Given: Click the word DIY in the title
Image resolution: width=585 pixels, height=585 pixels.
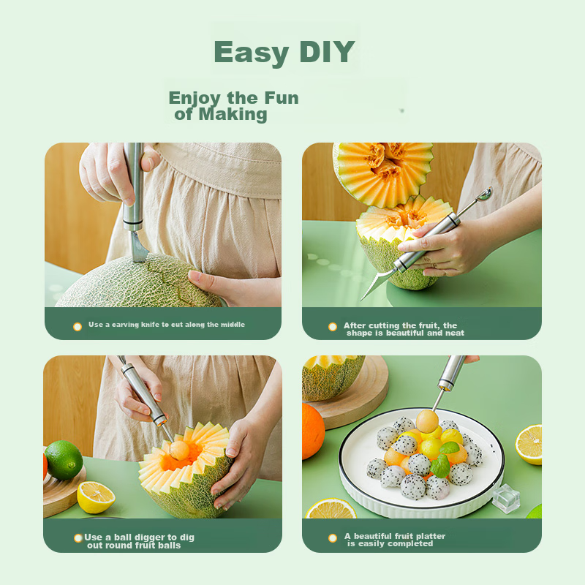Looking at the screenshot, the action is (327, 51).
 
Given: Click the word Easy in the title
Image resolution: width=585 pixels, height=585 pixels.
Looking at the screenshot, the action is (252, 53).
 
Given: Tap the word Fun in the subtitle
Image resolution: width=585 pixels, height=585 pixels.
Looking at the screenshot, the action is (282, 98).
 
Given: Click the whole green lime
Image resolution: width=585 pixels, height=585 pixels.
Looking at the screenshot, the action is (64, 460).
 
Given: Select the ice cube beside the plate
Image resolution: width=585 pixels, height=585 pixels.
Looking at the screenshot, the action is (506, 498).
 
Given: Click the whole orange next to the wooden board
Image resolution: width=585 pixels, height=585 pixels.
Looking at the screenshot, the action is (313, 431).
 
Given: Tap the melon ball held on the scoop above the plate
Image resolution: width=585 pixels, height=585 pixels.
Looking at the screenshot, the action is (427, 421).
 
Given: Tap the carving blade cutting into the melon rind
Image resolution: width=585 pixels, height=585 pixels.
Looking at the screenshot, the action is (138, 246).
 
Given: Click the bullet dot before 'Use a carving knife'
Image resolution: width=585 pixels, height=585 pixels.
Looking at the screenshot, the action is (78, 327).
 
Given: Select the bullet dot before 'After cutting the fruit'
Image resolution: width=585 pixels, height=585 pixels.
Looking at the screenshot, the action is (333, 327).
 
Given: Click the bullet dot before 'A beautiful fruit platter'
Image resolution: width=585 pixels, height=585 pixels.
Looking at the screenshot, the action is (333, 538).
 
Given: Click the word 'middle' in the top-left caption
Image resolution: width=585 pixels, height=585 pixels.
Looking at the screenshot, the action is (233, 324).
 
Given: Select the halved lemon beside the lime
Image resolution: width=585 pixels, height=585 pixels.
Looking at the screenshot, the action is (97, 497).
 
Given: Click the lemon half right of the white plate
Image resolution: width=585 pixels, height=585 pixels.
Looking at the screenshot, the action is (529, 445).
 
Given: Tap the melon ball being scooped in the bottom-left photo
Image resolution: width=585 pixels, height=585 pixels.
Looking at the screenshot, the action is (179, 450).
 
